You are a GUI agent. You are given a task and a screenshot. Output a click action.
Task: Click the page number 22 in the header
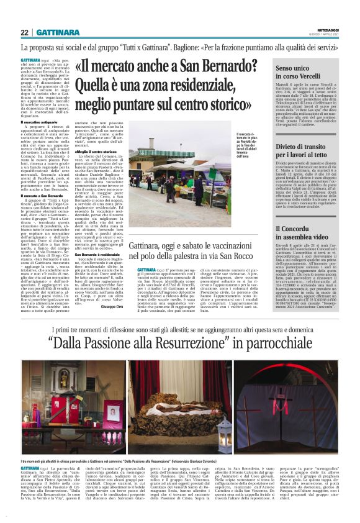click(x=25, y=32)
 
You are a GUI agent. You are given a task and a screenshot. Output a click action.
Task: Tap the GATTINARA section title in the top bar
click(x=56, y=32)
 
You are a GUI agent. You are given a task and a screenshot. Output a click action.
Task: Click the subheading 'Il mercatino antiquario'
click(x=41, y=122)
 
